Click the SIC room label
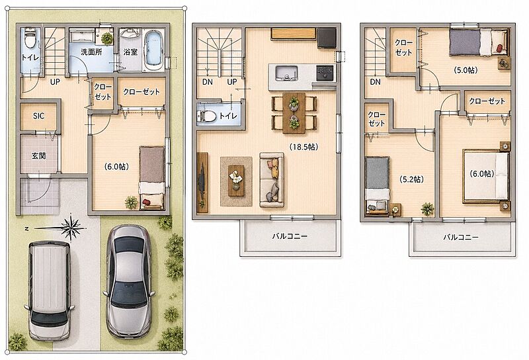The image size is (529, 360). point(38,116)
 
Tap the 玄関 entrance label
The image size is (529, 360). point(39,156)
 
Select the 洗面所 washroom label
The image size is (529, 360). point(91,52)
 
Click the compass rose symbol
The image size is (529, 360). point(71,227)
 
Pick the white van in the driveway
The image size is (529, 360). point(49,291)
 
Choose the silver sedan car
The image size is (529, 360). point(128,281)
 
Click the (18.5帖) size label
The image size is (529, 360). point(304,147)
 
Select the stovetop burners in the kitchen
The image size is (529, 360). point(325,72)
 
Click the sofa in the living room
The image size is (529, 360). point(272,179)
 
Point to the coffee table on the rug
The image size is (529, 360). point(236,181)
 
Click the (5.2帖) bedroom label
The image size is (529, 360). point(411,179)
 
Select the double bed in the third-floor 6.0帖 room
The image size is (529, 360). point(486,176)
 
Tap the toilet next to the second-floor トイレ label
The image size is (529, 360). point(207,116)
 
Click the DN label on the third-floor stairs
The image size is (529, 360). point(375,81)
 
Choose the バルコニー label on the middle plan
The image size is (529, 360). point(290,236)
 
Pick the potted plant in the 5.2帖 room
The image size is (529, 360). point(427,209)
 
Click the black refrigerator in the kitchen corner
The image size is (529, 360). point(327,38)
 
